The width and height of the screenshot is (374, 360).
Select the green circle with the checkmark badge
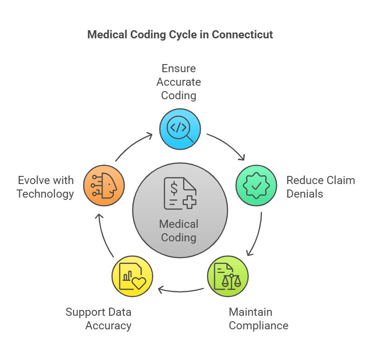point(256,185)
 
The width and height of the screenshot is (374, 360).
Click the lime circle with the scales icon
point(227,276)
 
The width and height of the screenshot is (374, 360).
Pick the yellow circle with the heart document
point(132,276)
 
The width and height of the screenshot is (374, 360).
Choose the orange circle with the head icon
point(104,185)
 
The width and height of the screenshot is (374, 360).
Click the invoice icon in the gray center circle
point(179,194)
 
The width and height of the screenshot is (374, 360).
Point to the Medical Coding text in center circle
point(179,231)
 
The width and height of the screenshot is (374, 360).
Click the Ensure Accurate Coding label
point(179,82)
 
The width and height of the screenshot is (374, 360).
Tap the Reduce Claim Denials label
point(320,187)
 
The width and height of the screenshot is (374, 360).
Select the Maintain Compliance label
point(258,318)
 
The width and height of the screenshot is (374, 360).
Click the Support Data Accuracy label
point(98,318)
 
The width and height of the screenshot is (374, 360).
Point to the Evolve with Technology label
point(45,187)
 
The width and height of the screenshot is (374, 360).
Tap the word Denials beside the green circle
point(305,194)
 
